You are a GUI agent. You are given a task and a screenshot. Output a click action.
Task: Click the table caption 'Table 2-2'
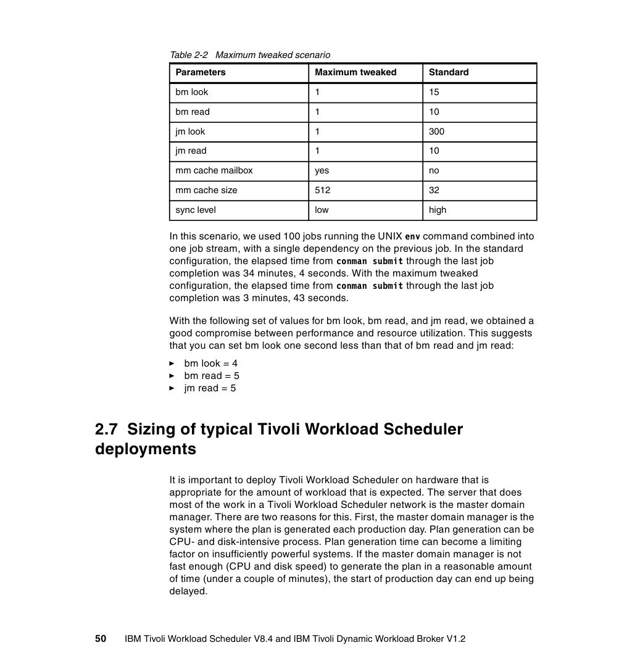[189, 55]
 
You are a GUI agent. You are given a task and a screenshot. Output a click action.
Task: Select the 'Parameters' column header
[201, 72]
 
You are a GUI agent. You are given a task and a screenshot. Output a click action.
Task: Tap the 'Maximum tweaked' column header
[355, 72]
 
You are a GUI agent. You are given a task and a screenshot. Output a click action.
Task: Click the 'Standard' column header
[449, 72]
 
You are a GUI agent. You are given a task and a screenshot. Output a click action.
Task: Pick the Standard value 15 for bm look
[434, 92]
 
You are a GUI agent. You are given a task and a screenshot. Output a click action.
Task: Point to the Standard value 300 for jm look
[436, 131]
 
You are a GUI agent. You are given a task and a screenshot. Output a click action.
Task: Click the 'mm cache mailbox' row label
[214, 170]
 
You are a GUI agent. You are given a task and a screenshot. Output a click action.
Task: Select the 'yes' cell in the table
[322, 170]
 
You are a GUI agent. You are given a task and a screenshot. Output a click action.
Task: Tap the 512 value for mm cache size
[322, 190]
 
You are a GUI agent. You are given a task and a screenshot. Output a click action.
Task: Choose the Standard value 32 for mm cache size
[434, 190]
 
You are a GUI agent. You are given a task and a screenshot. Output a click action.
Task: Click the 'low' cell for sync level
[322, 210]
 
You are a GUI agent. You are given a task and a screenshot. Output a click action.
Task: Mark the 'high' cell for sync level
[438, 210]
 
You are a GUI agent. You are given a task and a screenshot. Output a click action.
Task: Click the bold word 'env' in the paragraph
[412, 237]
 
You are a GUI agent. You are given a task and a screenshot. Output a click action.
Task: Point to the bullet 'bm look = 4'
[210, 364]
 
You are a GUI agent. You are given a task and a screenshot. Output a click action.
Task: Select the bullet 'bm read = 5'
[212, 376]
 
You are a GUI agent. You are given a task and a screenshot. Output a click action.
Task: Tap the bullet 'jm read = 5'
[210, 388]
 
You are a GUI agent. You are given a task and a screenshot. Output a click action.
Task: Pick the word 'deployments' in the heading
[146, 449]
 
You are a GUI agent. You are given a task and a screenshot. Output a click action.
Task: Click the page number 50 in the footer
[101, 639]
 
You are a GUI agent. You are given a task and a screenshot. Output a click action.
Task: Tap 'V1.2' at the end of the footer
[455, 639]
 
